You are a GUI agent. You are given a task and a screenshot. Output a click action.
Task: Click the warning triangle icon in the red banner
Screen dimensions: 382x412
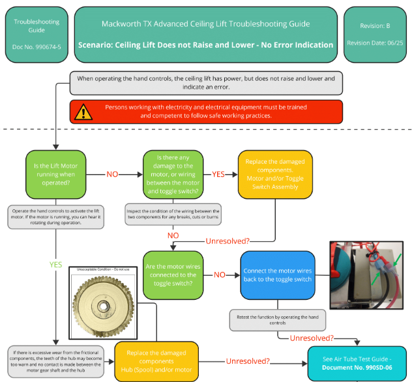(x=83, y=111)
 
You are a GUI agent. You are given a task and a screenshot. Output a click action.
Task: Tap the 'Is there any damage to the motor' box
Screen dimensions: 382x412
(x=173, y=174)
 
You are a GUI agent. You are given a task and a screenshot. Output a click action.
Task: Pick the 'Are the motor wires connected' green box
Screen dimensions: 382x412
(x=173, y=274)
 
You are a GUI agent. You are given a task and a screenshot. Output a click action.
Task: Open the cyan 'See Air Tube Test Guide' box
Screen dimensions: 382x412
(x=358, y=362)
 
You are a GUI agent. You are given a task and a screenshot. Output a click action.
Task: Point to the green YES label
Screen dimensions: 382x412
(x=56, y=265)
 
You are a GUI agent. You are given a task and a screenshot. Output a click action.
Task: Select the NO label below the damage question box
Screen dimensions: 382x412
(x=173, y=235)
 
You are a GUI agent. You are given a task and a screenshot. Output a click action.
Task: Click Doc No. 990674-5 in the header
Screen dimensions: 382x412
(x=37, y=47)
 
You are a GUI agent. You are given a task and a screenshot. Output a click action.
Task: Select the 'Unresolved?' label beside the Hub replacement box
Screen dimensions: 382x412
(x=248, y=360)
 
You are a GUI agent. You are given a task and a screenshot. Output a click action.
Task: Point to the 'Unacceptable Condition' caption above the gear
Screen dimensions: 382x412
(x=103, y=268)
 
